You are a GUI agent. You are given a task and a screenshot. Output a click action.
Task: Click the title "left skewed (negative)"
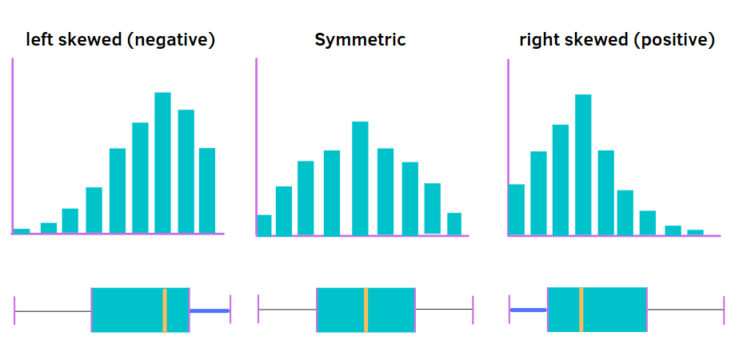(x=121, y=39)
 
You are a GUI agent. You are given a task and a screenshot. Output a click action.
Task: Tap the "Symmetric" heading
(x=360, y=39)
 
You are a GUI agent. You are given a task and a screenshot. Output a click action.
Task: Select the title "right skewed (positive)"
(x=617, y=39)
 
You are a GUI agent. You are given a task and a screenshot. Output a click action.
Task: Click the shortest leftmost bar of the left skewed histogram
(x=22, y=230)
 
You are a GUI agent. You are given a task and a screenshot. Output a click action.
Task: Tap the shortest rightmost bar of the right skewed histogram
(x=695, y=232)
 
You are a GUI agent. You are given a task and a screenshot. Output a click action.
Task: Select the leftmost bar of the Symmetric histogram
(x=264, y=225)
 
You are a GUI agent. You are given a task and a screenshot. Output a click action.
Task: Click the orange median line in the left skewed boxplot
(x=164, y=309)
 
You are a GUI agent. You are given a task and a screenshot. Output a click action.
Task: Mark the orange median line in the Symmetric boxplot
(x=366, y=309)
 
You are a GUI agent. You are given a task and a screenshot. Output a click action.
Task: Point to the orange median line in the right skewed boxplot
(x=581, y=309)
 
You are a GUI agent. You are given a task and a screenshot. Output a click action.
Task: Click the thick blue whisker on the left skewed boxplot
(x=210, y=310)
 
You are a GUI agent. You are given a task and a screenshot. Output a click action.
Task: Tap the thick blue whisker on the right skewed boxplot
(x=529, y=309)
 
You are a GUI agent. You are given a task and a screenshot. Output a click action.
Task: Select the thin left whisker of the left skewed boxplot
(x=53, y=310)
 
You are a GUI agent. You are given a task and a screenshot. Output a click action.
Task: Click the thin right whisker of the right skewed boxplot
(x=685, y=309)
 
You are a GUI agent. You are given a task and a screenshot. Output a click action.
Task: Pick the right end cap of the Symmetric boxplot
(x=473, y=309)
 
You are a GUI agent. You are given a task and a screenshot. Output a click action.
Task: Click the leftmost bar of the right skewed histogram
(x=517, y=209)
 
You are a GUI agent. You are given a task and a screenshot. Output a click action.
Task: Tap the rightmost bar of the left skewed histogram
(x=207, y=190)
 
